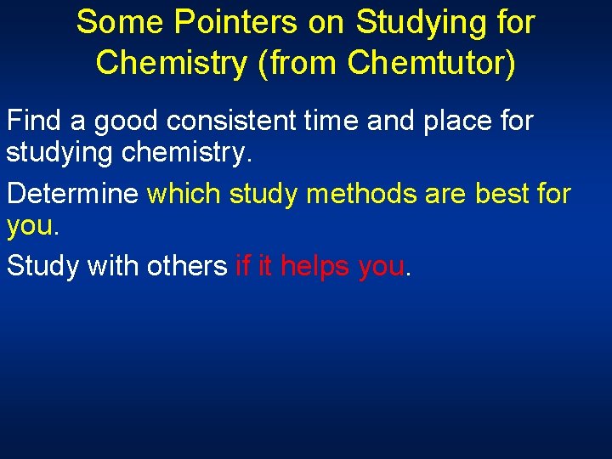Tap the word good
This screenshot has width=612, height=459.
pyautogui.click(x=127, y=122)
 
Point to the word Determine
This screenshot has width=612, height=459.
pyautogui.click(x=72, y=194)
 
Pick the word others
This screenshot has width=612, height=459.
pyautogui.click(x=186, y=266)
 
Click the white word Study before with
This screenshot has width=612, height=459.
pyautogui.click(x=39, y=267)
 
